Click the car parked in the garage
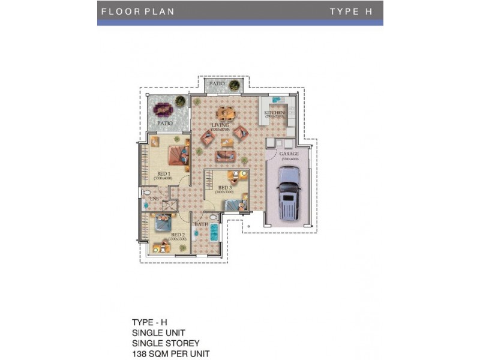pyautogui.click(x=288, y=193)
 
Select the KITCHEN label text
pyautogui.click(x=274, y=112)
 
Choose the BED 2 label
pyautogui.click(x=178, y=235)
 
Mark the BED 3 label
pyautogui.click(x=224, y=188)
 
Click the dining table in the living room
pyautogui.click(x=226, y=112)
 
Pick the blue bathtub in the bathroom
pyautogui.click(x=215, y=232)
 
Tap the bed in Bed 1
pyautogui.click(x=178, y=155)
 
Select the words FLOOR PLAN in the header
pyautogui.click(x=137, y=11)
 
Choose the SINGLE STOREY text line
pyautogui.click(x=166, y=343)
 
